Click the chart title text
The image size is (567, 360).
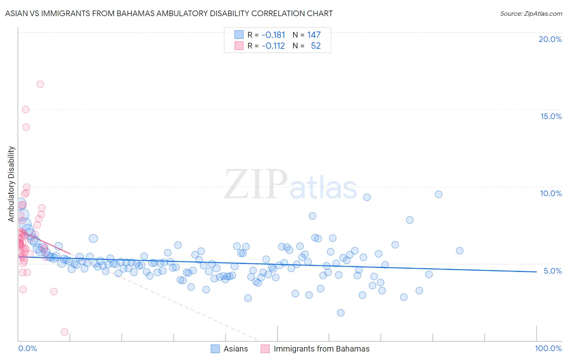[169, 13]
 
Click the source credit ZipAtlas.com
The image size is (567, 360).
[531, 13]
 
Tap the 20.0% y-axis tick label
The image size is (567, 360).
[550, 39]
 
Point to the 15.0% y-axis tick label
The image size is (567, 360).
[551, 116]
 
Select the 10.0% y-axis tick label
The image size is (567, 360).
[551, 193]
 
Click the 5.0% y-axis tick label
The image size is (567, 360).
[552, 271]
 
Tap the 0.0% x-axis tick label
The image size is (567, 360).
[27, 348]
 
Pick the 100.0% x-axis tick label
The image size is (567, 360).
[548, 348]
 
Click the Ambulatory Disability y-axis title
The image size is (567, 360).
[11, 184]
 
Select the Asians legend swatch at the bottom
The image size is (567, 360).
[215, 349]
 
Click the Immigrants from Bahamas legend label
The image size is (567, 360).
[321, 349]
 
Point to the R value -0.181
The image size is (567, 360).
[273, 35]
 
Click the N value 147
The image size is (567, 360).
[314, 35]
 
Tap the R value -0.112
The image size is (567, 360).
[273, 46]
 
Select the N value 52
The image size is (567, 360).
[316, 46]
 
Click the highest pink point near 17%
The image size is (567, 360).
[40, 84]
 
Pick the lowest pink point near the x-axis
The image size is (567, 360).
[65, 332]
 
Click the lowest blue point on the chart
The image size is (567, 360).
[341, 313]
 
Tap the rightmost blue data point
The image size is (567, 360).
[459, 251]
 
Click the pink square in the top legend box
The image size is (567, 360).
[239, 46]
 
